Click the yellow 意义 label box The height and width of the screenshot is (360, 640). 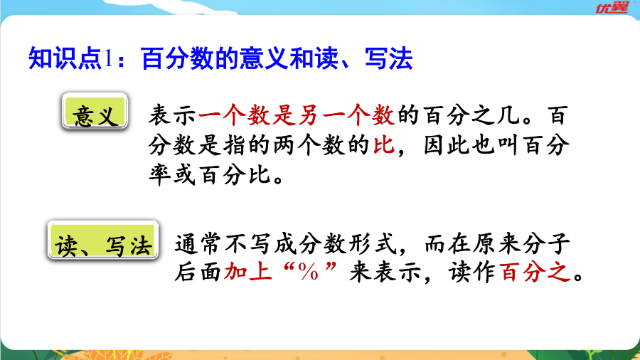click(95, 111)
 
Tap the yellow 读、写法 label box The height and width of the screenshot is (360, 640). click(103, 240)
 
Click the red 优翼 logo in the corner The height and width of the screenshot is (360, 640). click(612, 7)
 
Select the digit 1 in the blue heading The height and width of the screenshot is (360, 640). click(108, 59)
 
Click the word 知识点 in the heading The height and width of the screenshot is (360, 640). click(65, 59)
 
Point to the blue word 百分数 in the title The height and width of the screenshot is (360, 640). click(177, 59)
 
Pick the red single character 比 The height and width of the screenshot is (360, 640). click(384, 145)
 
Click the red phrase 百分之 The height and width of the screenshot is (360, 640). click(535, 272)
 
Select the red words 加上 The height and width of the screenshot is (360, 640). click(247, 272)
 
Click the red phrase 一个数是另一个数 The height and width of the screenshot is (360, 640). click(297, 115)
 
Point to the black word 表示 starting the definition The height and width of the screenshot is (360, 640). click(173, 115)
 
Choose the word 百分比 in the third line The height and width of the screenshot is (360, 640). click(235, 175)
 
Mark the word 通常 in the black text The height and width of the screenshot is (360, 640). click(198, 243)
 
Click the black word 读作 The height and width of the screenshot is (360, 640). click(472, 272)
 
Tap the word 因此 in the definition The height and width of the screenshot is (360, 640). click(447, 145)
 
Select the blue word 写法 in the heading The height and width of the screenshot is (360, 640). click(388, 59)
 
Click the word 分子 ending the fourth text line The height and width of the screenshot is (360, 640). click(545, 243)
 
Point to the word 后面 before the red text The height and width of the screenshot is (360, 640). click(198, 272)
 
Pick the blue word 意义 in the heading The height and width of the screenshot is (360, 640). click(263, 59)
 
